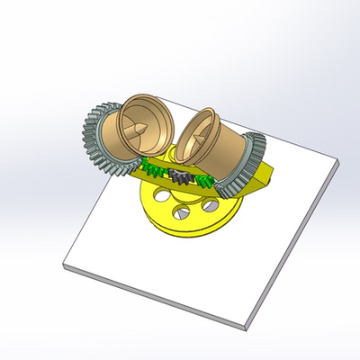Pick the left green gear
coord(155,167)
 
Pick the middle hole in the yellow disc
coord(184,212)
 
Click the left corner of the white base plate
coord(66,264)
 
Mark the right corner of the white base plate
coord(339,163)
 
